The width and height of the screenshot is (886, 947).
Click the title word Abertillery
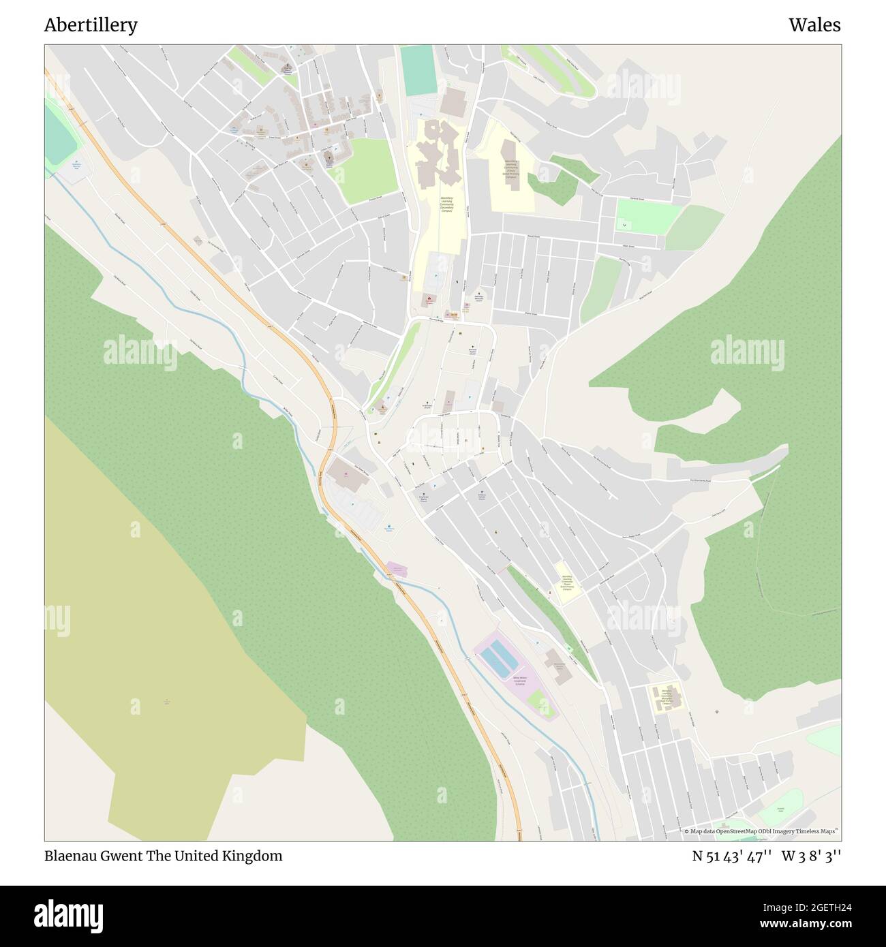[x=91, y=25]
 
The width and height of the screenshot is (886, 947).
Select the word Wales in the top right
[x=814, y=25]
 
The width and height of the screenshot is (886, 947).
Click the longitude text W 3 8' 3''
[x=811, y=856]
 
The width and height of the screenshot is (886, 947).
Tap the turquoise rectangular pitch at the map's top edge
[x=418, y=71]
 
